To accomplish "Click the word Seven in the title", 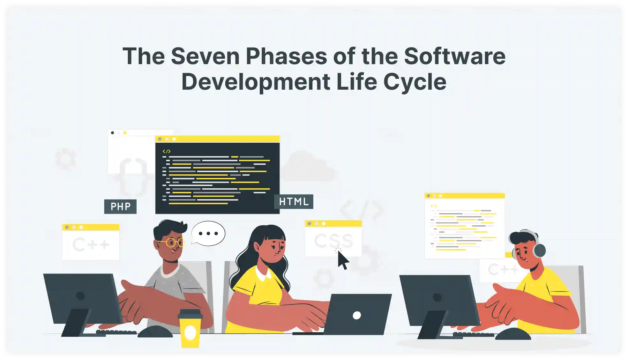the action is (x=205, y=56).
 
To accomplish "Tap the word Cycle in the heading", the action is (x=415, y=82).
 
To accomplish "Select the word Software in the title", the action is (x=455, y=56).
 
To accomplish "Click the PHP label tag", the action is (x=120, y=206).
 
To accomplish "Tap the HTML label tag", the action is (x=294, y=202).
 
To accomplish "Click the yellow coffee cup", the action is (x=190, y=328).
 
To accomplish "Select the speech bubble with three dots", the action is (x=208, y=234).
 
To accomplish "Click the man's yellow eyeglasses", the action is (x=172, y=243).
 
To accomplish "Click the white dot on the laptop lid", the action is (x=357, y=315).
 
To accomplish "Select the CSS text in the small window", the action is (x=333, y=241).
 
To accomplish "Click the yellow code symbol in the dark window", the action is (x=167, y=151).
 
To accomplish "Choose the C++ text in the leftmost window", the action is (x=91, y=245).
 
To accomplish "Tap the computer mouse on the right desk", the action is (x=513, y=334).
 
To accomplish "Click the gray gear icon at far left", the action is (x=65, y=159).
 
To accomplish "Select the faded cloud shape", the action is (x=308, y=167).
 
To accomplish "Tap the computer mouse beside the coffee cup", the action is (x=155, y=332).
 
